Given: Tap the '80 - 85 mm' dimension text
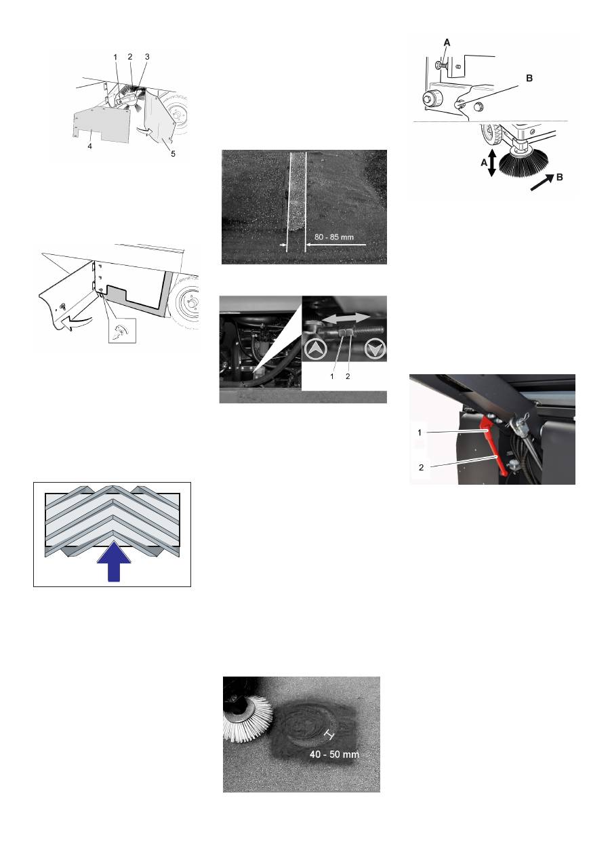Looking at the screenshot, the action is click(334, 237).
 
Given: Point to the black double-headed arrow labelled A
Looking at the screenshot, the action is click(491, 163).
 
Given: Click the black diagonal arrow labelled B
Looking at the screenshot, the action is click(542, 182).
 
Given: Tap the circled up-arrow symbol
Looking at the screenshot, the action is click(315, 349).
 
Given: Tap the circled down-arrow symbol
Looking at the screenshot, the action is click(375, 349).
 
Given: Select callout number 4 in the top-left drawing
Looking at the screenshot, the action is click(89, 146).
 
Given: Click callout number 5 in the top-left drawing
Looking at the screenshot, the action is click(173, 154).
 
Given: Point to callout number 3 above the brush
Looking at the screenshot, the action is click(146, 57).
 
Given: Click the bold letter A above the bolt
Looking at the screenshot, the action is click(447, 43).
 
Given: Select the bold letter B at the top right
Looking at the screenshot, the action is click(529, 78).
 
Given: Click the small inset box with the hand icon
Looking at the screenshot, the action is click(123, 330).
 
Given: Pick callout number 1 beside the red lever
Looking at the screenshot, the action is click(420, 433).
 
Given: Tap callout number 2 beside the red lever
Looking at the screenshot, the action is click(421, 467).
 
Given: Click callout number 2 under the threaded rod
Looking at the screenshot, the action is click(348, 376).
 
